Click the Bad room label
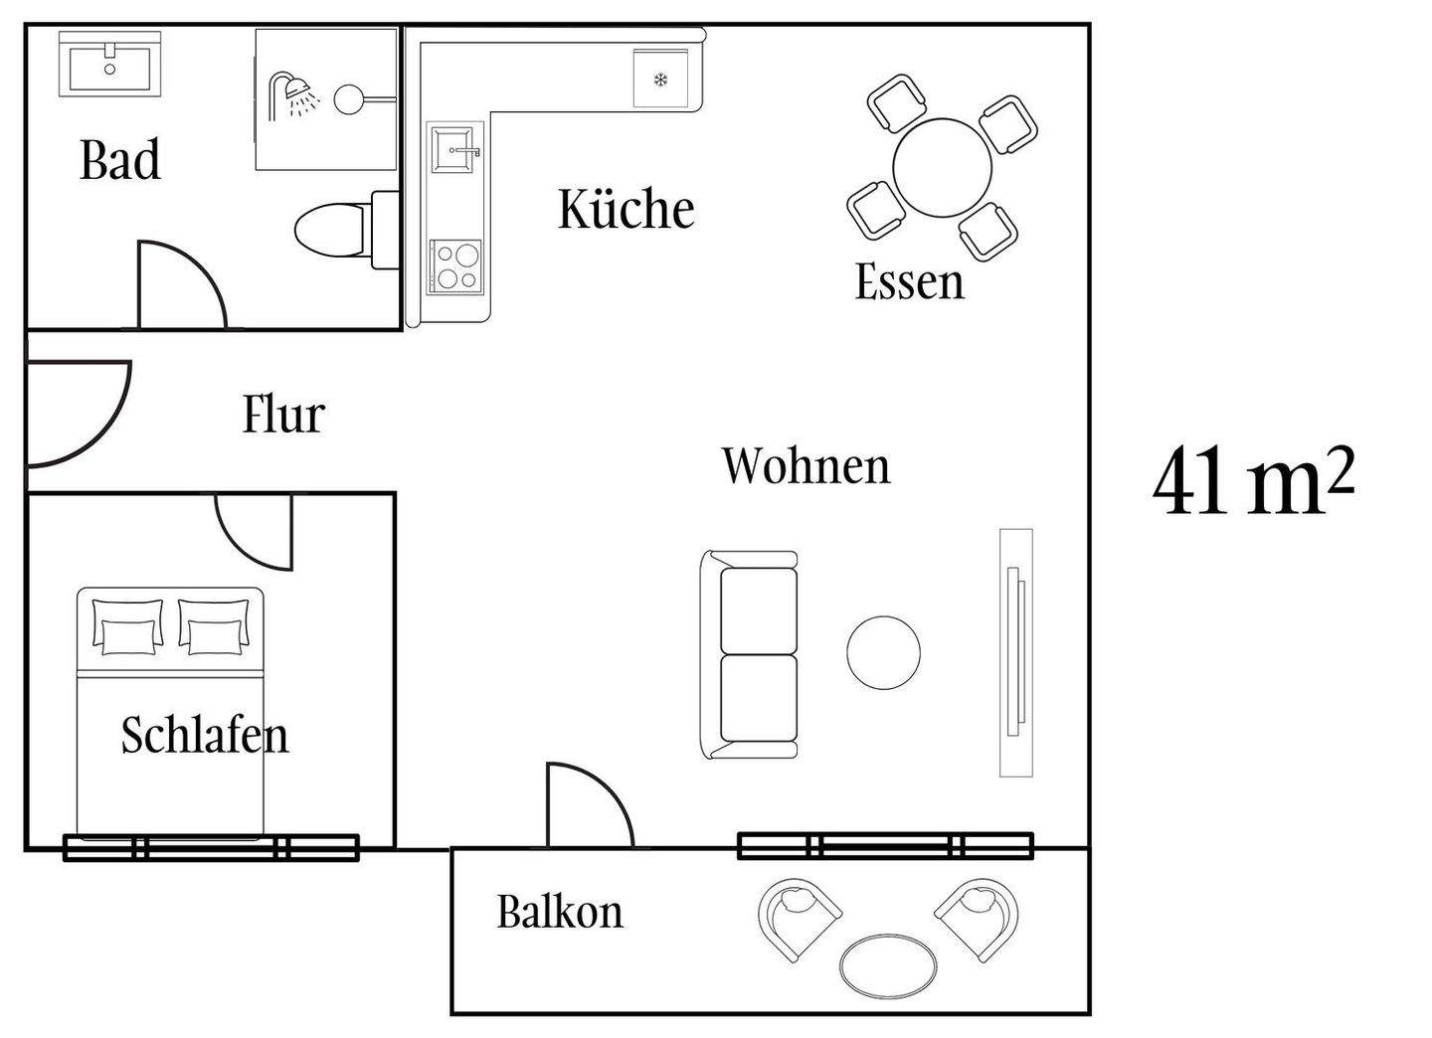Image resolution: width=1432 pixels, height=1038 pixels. pos(119,160)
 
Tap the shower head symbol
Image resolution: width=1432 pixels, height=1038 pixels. pos(293,91)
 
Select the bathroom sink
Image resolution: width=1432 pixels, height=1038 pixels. pos(108,65)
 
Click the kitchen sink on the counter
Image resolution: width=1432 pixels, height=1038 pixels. pos(455,149)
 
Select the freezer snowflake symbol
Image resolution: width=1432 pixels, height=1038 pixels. pos(659,80)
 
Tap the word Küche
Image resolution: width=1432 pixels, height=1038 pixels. pos(626,209)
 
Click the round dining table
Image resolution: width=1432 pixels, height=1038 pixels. pos(942,167)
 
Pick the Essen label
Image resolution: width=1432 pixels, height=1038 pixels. pos(909,281)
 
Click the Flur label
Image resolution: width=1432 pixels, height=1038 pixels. pos(283,415)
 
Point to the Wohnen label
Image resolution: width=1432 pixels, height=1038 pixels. pos(805,465)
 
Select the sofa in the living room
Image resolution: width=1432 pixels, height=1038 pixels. pos(752,655)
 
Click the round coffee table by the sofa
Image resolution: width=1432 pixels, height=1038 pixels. pos(883,653)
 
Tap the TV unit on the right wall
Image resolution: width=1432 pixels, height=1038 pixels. pos(1015,652)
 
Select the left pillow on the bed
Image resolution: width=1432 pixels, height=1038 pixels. pos(127,627)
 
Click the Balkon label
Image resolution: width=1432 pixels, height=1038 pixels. pos(560,912)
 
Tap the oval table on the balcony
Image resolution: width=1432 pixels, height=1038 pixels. pos(888,964)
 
